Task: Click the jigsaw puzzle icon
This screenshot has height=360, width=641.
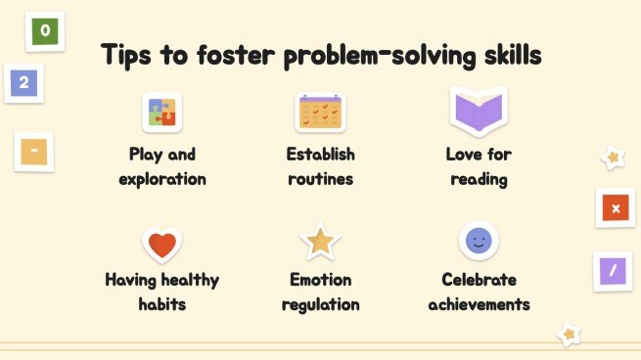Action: [162, 113]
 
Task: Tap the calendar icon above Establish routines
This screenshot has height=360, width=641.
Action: [320, 113]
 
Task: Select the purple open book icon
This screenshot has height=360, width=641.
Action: [478, 110]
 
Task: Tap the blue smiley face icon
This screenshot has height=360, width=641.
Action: [479, 241]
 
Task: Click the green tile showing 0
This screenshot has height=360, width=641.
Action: [46, 30]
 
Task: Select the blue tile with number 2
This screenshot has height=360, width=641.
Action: [23, 82]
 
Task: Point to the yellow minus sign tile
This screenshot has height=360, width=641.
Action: [34, 152]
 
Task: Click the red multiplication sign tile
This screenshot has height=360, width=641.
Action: [616, 208]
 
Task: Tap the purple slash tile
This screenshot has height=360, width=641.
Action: [613, 271]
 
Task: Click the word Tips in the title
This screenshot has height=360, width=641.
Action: [128, 55]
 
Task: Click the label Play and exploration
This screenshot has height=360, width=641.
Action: [162, 166]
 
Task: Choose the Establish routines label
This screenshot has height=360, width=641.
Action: [320, 166]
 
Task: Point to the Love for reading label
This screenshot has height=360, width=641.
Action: [479, 166]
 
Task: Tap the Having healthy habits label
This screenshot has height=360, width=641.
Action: [162, 292]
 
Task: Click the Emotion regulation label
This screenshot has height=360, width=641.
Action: [320, 292]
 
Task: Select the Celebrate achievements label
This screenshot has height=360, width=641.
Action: [479, 292]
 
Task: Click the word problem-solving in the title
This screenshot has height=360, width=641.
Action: [373, 56]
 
